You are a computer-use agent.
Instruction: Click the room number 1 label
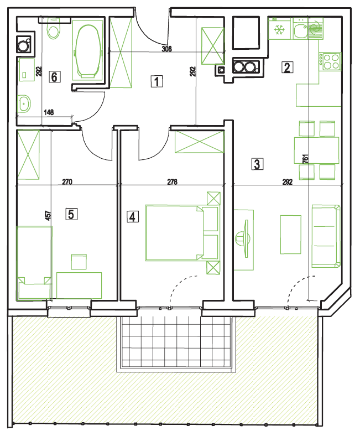[x=157, y=81]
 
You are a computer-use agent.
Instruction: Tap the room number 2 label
[x=287, y=68]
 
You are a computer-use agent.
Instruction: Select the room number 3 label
[x=257, y=164]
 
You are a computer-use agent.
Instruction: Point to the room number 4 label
[x=133, y=216]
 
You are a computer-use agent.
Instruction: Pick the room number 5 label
[x=71, y=214]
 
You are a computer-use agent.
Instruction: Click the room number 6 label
[x=55, y=77]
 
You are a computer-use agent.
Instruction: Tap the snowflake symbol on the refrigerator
[x=279, y=30]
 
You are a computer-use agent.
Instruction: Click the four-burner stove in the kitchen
[x=330, y=61]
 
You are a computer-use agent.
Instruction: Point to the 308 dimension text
[x=166, y=49]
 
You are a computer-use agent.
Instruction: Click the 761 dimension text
[x=305, y=159]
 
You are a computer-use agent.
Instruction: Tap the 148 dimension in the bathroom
[x=49, y=112]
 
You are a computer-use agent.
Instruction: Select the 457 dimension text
[x=48, y=215]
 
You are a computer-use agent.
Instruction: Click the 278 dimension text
[x=172, y=182]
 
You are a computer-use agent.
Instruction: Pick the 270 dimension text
[x=67, y=182]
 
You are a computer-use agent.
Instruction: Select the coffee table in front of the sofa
[x=290, y=235]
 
